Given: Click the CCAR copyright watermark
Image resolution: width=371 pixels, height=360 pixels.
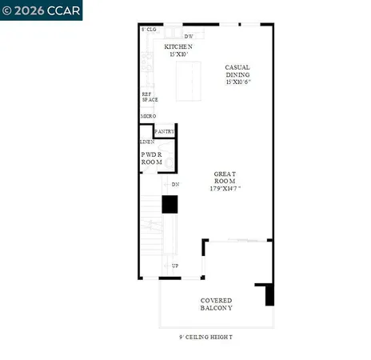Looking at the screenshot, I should [x=41, y=10].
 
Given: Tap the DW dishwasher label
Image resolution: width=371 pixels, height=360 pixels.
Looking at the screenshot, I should [x=189, y=37].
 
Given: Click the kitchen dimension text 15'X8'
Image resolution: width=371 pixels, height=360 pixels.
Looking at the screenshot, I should [x=178, y=55].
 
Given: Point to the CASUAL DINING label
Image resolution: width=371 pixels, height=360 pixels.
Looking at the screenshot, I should [x=239, y=72].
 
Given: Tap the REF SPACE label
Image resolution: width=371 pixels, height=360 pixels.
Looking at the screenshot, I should [x=150, y=97].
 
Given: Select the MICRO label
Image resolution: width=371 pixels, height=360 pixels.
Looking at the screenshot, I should [x=148, y=117].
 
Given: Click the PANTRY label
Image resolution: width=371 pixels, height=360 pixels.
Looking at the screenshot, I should [x=166, y=131].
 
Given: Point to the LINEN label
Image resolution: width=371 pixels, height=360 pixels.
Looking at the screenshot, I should [x=147, y=142].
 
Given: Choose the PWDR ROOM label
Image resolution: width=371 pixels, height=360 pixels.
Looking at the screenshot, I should [x=152, y=158].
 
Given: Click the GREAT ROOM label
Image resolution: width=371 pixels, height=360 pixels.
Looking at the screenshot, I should [x=225, y=178].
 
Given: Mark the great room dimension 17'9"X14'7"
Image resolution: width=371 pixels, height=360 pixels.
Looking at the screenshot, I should [x=225, y=190].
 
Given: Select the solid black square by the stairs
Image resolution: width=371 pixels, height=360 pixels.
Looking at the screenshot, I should [x=170, y=205].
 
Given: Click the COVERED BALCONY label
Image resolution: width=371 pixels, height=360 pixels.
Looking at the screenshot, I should [x=216, y=304].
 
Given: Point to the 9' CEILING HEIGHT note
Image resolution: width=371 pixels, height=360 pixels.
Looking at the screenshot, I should [x=206, y=338].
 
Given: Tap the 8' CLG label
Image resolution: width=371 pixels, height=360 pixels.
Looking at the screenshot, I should [x=149, y=30].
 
